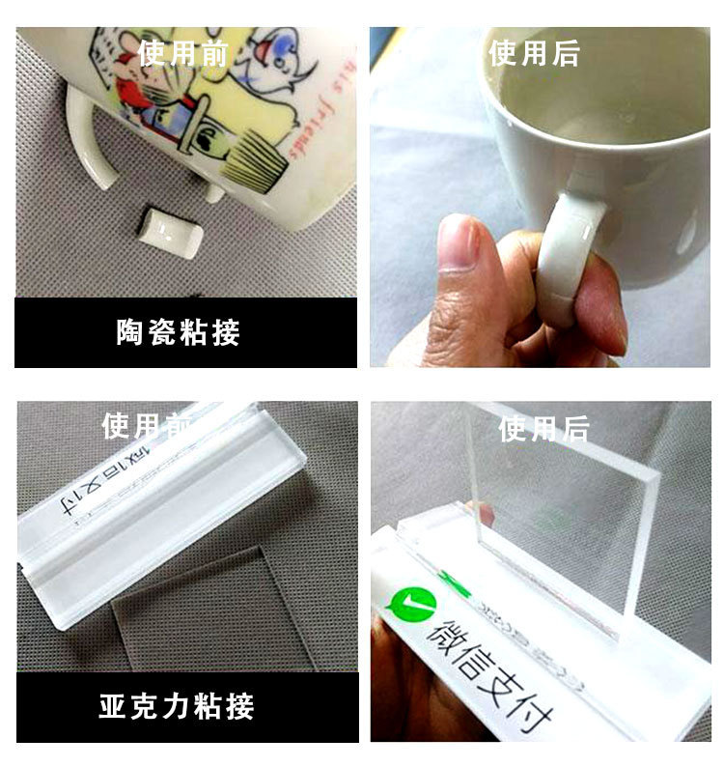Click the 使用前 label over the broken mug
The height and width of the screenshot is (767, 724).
183,53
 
